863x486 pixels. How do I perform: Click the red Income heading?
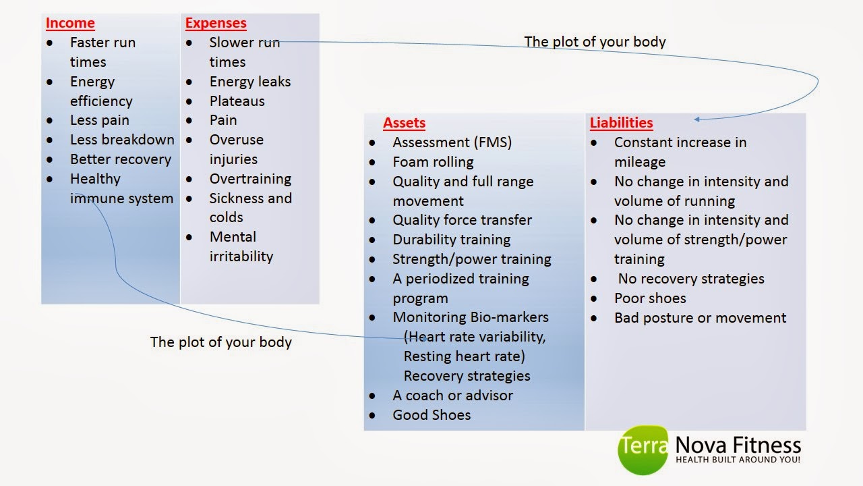click(70, 23)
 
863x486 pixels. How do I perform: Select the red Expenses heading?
click(216, 23)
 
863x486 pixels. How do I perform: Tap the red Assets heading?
click(404, 123)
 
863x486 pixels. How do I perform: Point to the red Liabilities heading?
click(621, 123)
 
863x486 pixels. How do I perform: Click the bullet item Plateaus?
click(237, 101)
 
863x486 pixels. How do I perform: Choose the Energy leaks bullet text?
click(249, 82)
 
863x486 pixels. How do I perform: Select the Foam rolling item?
click(433, 162)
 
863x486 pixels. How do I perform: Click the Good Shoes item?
click(431, 415)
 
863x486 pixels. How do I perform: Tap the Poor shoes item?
click(650, 298)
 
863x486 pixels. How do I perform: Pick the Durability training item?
click(451, 240)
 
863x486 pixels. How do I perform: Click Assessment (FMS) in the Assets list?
click(452, 142)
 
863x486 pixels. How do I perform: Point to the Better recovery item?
click(121, 159)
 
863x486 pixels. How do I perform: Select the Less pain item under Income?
click(99, 120)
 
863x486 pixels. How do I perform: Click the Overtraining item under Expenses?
click(250, 179)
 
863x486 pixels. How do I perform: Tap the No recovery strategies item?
click(691, 279)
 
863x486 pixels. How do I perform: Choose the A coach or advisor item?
click(452, 396)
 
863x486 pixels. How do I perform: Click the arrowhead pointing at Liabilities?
click(698, 119)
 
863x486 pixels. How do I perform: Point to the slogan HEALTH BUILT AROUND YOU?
click(738, 460)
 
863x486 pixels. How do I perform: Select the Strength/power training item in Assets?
click(471, 259)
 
